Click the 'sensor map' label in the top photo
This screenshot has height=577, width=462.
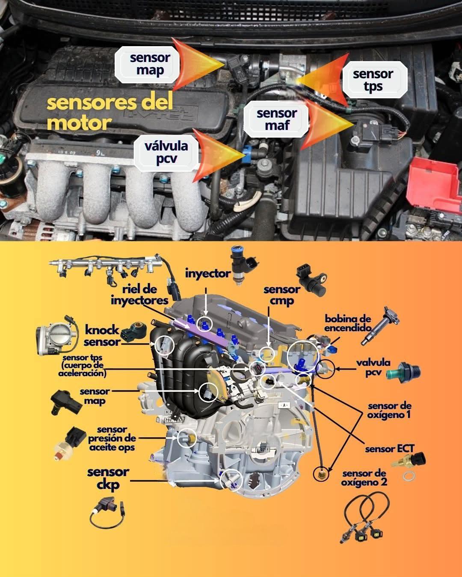pos(150,64)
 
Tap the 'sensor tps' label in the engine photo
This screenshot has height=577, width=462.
pos(373,80)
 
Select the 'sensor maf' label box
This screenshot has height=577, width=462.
pos(276,119)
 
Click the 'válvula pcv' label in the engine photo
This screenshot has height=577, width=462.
pos(166,153)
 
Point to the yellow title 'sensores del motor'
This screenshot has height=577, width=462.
pos(110,112)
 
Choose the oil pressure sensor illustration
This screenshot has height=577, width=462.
pos(71,442)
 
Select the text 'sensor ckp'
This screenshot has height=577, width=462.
pos(108,478)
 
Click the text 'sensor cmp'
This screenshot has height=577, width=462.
pos(282,295)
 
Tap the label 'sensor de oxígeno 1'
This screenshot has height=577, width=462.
pos(389,410)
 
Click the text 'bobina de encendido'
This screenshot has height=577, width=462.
pos(347,323)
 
